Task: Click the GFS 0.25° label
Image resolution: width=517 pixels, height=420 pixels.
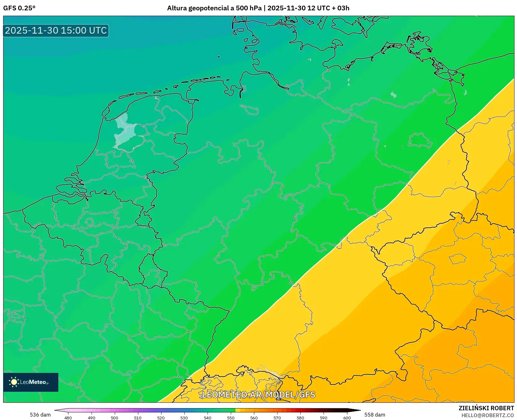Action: pyautogui.click(x=19, y=8)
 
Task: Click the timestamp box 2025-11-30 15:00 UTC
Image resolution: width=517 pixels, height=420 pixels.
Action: pyautogui.click(x=56, y=30)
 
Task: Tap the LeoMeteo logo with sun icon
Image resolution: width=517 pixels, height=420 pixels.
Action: pyautogui.click(x=30, y=382)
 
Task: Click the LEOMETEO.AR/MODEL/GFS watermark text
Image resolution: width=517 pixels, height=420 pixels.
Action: pyautogui.click(x=258, y=395)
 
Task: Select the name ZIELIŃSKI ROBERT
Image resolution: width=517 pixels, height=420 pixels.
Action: pyautogui.click(x=486, y=408)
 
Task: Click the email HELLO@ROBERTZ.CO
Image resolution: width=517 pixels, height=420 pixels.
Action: pyautogui.click(x=488, y=415)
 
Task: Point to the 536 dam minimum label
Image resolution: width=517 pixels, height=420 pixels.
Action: pyautogui.click(x=40, y=415)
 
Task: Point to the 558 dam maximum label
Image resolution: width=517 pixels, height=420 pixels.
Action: pyautogui.click(x=375, y=415)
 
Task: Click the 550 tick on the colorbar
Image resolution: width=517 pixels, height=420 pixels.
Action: pyautogui.click(x=231, y=417)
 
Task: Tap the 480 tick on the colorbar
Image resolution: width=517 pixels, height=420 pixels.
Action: pyautogui.click(x=68, y=417)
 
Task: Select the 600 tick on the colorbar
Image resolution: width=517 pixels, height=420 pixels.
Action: pyautogui.click(x=347, y=417)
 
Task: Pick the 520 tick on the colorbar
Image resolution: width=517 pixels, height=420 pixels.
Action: pyautogui.click(x=161, y=417)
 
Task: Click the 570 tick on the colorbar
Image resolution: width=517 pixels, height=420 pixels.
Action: pyautogui.click(x=277, y=417)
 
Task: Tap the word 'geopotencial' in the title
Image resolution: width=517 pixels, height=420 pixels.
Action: pyautogui.click(x=207, y=8)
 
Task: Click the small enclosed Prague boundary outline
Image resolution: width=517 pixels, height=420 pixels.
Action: pyautogui.click(x=458, y=259)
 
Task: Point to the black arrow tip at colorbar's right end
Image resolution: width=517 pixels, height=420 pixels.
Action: pyautogui.click(x=359, y=410)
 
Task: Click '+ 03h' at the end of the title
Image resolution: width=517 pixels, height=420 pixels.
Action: pyautogui.click(x=340, y=8)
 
